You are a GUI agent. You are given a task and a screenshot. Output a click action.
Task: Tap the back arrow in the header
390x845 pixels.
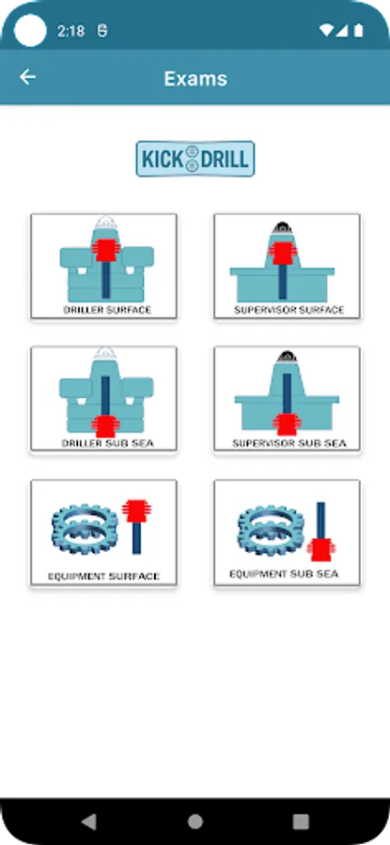[27, 78]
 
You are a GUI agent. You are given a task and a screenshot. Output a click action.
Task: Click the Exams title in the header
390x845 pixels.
[195, 79]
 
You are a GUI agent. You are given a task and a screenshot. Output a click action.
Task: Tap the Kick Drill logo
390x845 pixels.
[195, 159]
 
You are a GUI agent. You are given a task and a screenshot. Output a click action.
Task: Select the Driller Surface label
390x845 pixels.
[107, 310]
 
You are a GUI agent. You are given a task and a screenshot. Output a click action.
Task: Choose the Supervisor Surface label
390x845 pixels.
[289, 310]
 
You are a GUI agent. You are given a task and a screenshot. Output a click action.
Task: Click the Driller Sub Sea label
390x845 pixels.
[107, 443]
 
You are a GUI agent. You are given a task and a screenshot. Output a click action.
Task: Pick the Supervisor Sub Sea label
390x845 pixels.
[289, 443]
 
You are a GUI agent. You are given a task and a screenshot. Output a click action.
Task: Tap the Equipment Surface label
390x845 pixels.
[103, 576]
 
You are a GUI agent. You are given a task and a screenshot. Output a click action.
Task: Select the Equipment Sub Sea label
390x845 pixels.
[284, 574]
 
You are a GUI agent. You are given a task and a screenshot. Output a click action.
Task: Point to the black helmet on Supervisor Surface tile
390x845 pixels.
[282, 228]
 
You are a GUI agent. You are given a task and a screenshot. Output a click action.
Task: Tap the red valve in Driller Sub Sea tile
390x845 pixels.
[104, 425]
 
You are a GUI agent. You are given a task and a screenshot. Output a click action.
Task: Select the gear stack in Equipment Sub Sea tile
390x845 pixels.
[272, 530]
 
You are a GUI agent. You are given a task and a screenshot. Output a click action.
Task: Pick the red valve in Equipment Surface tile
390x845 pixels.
[136, 511]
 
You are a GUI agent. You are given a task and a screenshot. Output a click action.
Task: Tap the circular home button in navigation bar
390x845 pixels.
[195, 822]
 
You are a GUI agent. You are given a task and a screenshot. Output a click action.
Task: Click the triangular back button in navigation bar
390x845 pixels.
[88, 822]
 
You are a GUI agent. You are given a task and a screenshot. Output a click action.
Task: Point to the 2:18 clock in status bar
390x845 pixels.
[71, 31]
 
